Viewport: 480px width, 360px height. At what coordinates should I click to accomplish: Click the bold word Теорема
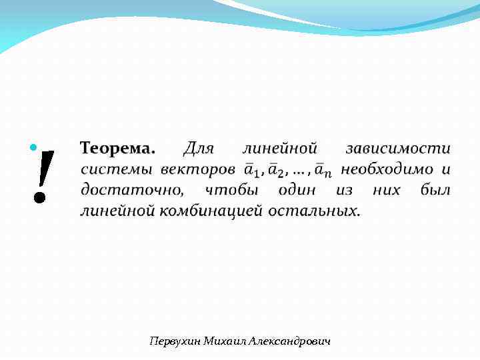click(x=117, y=147)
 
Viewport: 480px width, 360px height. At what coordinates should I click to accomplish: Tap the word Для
click(x=198, y=147)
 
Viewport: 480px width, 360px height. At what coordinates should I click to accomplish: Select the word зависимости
click(x=397, y=147)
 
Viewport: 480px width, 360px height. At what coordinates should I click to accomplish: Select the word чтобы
click(x=231, y=190)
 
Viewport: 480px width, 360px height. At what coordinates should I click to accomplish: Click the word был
click(x=435, y=190)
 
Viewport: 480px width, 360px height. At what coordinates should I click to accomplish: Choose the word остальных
click(x=313, y=211)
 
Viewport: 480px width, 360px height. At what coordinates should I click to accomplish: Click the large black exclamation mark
click(x=41, y=175)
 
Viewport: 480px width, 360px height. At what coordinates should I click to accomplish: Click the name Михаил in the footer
click(x=225, y=341)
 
